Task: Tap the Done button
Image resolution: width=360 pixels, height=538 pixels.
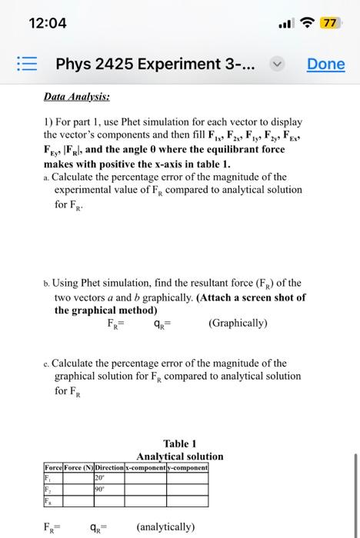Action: [x=326, y=64]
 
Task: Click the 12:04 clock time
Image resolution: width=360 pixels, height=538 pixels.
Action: [x=48, y=23]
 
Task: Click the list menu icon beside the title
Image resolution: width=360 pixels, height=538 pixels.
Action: [x=26, y=64]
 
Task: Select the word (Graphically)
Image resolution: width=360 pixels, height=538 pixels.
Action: [x=238, y=323]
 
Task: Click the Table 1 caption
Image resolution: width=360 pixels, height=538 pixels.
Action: [x=180, y=443]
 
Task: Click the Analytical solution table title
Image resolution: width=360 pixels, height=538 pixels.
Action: [x=180, y=456]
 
